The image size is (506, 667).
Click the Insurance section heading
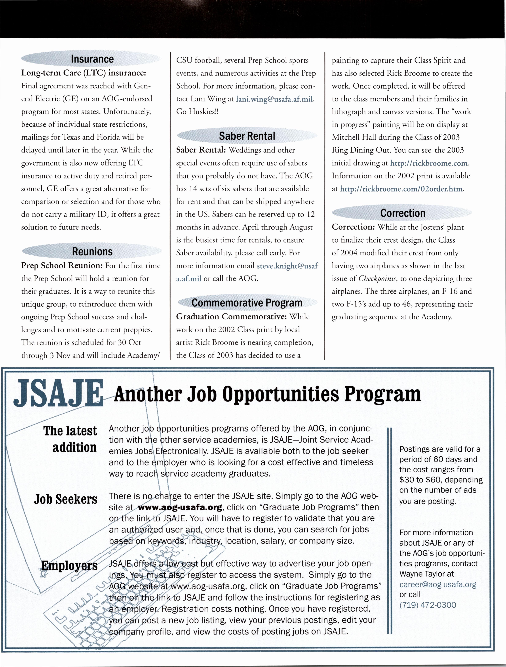coord(92,59)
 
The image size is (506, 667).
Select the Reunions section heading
coord(92,251)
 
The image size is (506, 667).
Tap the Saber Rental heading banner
coord(247,136)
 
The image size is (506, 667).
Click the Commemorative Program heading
coord(247,303)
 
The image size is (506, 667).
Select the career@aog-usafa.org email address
coord(438,584)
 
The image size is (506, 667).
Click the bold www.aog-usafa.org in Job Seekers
coord(180,507)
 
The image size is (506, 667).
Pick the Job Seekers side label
coord(65,499)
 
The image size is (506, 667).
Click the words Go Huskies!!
coord(197,112)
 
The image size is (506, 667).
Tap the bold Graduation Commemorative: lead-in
coord(231,317)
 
